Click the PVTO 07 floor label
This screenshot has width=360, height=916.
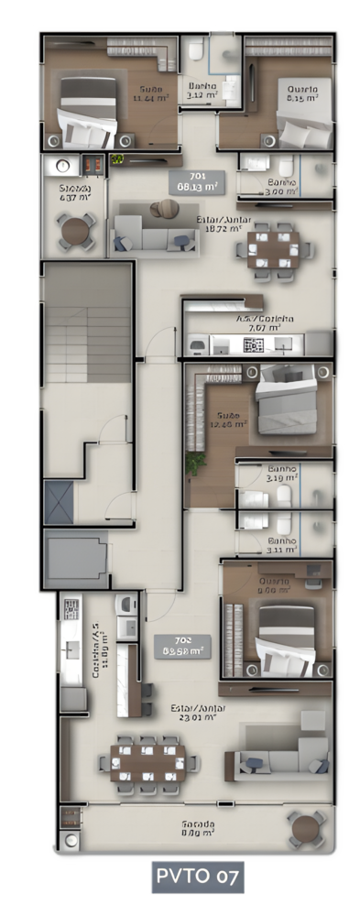coord(199,877)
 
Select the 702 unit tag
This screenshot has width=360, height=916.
coord(182,647)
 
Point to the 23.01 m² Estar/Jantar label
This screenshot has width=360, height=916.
coord(198,712)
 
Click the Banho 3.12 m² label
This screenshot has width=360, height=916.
coord(201,90)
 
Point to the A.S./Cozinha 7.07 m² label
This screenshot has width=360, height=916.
coord(257,322)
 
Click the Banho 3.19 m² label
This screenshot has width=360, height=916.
coord(282,473)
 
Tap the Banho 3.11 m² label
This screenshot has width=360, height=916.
coord(282,545)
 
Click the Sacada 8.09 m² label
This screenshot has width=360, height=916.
coord(198,828)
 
